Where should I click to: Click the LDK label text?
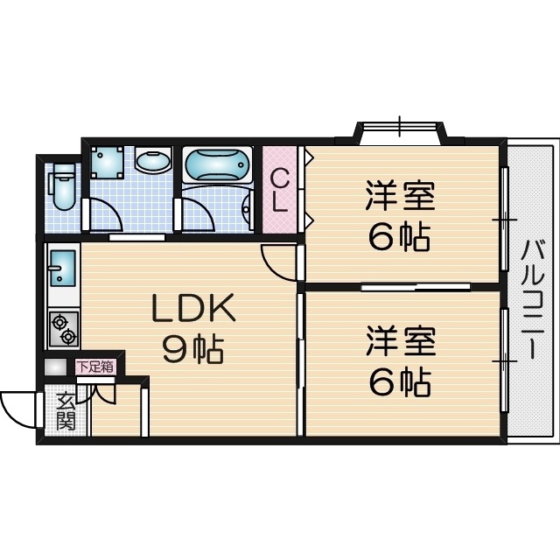[193, 308]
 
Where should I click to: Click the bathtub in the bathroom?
[217, 164]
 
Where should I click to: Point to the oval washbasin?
[155, 163]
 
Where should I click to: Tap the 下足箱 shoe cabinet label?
[94, 367]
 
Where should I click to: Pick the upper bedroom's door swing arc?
[278, 260]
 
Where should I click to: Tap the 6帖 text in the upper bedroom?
[399, 237]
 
